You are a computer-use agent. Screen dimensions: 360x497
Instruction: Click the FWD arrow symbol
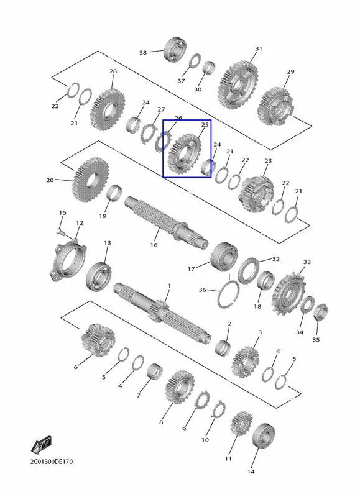pos(41,444)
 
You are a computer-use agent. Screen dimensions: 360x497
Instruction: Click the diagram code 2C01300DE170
pos(52,462)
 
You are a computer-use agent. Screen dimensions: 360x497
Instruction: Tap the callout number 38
pos(143,52)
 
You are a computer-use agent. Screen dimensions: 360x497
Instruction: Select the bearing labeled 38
pos(175,50)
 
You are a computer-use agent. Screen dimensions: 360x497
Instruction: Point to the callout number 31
pos(259,48)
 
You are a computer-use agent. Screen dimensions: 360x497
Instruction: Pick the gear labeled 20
pos(90,179)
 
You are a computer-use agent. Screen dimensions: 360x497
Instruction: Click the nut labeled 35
pos(320,312)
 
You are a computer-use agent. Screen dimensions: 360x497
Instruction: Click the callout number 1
pos(169,286)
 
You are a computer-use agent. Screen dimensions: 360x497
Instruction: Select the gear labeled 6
pos(98,340)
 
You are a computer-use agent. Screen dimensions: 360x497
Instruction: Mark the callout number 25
pos(205,125)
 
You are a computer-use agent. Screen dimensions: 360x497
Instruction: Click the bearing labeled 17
pos(224,257)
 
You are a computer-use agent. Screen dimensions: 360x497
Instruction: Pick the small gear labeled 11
pos(242,424)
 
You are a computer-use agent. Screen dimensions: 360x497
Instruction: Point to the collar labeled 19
pos(114,193)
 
